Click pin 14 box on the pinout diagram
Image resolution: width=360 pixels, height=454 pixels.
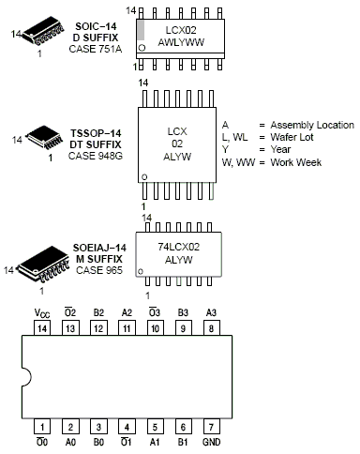click(42, 328)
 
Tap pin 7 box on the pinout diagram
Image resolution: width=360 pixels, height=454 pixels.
click(211, 427)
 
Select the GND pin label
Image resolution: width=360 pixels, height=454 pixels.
click(212, 442)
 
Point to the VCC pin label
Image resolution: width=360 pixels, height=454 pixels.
click(42, 313)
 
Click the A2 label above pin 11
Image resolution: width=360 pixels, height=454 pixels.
click(127, 312)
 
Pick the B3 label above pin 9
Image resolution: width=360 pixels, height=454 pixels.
click(183, 312)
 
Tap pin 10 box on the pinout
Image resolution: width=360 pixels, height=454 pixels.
click(155, 328)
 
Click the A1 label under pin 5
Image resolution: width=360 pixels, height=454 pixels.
click(155, 442)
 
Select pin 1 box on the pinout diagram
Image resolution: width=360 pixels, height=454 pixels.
click(42, 427)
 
